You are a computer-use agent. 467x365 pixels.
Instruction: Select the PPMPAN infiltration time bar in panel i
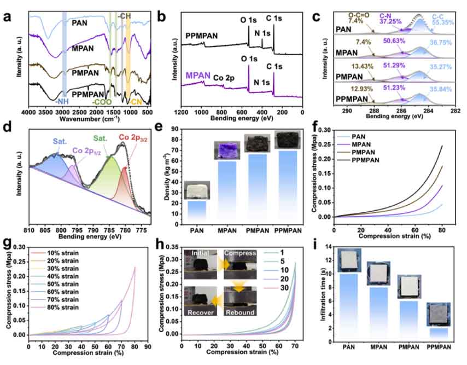tap(437, 332)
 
